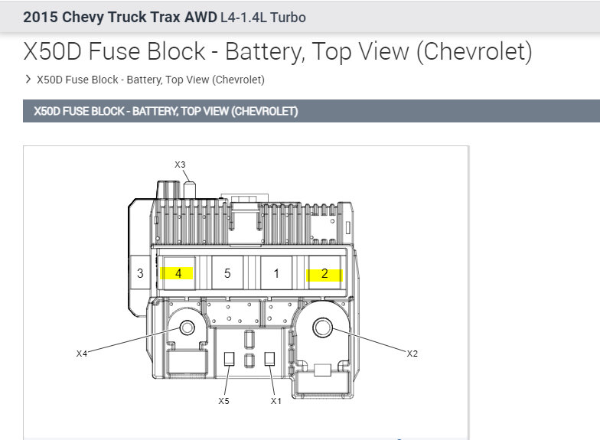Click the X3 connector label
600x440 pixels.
tap(180, 165)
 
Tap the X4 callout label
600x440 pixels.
tap(81, 354)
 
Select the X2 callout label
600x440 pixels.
tap(412, 354)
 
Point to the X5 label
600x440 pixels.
tap(223, 401)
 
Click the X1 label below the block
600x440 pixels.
tap(276, 401)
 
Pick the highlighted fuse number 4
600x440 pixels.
tap(178, 273)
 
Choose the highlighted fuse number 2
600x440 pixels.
tap(324, 273)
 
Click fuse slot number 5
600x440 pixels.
tap(227, 273)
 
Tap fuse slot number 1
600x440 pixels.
tap(276, 273)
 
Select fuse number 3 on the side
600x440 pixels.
tap(140, 273)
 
